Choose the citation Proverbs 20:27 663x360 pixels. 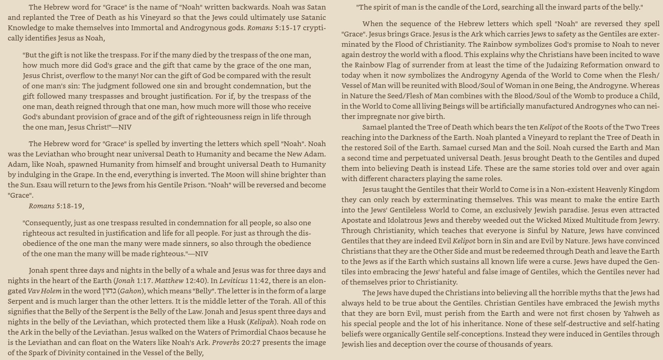[x=231, y=343]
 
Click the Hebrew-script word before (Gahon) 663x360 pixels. [x=109, y=291]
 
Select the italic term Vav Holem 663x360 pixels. [x=44, y=291]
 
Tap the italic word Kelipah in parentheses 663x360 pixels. [x=262, y=322]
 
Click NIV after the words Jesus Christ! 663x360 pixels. [x=124, y=127]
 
